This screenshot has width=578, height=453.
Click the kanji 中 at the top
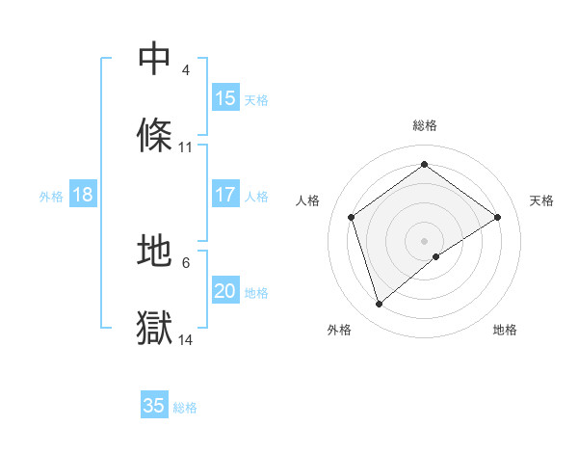point(155,59)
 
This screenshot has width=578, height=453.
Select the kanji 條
point(155,136)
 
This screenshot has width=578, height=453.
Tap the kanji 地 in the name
point(155,252)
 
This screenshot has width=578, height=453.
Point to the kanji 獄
point(155,328)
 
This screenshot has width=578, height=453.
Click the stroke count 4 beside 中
point(185,70)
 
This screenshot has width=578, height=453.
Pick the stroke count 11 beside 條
point(186,147)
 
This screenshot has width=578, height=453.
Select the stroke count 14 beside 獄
point(186,339)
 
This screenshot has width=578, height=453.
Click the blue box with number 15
point(225,98)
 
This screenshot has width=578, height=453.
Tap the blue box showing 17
point(225,195)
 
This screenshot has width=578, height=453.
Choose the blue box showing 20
point(225,291)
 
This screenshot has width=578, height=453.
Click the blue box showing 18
point(83,195)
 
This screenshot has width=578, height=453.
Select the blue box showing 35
point(154,406)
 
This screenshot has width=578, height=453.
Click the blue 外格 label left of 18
point(51,197)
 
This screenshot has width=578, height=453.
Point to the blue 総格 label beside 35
point(185,408)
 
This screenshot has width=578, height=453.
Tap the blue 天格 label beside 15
point(256,100)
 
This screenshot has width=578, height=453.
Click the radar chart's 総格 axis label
point(425,125)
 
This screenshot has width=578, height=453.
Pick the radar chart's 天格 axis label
point(542,200)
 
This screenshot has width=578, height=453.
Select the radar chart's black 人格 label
point(308,200)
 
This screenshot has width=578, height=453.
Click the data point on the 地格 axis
point(436,256)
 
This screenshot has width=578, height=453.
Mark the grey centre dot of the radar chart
point(425,240)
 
